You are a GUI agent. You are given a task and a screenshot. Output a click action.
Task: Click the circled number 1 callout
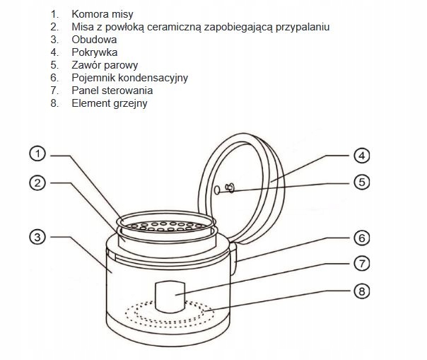(x=39, y=154)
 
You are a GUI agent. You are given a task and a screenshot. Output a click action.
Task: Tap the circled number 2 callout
(x=39, y=183)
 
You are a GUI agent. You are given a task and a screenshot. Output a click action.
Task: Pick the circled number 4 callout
(x=361, y=155)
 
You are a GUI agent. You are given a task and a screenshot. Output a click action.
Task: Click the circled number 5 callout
(x=361, y=182)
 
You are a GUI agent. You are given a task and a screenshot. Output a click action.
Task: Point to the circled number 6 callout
(x=361, y=237)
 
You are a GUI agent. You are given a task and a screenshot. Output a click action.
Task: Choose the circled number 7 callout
(x=361, y=264)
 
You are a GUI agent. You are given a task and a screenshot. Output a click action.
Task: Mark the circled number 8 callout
(x=361, y=291)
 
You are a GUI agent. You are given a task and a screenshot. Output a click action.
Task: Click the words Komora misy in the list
(x=102, y=14)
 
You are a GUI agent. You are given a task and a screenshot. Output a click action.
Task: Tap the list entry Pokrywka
(x=93, y=52)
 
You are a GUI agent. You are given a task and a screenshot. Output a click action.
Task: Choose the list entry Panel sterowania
(x=112, y=91)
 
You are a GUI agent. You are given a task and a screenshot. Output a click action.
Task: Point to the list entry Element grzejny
(x=110, y=103)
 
